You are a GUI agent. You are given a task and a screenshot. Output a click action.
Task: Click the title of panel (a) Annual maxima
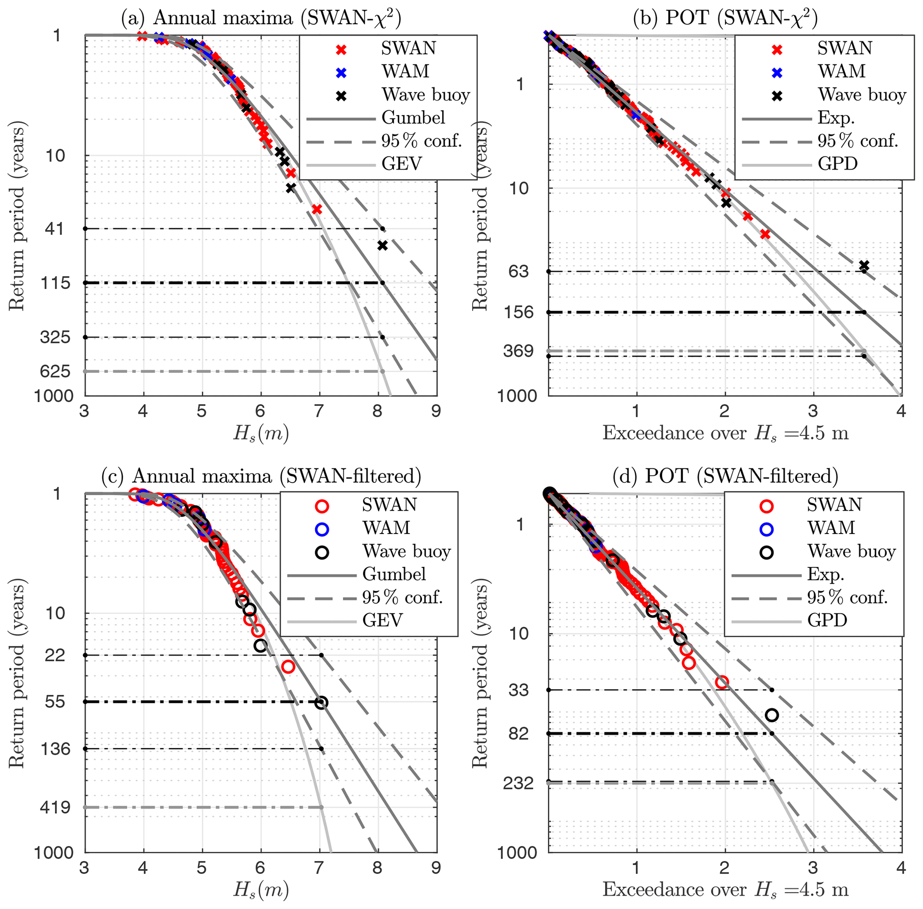click(x=261, y=18)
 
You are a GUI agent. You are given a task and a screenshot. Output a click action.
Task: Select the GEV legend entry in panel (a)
click(x=401, y=164)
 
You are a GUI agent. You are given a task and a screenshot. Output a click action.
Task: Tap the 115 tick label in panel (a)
click(x=55, y=283)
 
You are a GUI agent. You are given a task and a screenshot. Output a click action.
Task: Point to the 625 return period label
click(x=55, y=371)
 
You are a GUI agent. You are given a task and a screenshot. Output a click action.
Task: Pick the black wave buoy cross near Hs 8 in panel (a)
click(x=382, y=246)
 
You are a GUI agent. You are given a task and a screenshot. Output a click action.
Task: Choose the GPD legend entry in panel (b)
click(x=838, y=164)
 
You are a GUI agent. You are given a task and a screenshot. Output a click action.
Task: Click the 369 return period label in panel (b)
click(x=518, y=351)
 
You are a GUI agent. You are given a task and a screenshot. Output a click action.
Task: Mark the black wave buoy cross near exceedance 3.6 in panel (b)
click(x=864, y=266)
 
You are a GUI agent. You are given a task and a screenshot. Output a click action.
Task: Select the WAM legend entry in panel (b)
click(x=841, y=71)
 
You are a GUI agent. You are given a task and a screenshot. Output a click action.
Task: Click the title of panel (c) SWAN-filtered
click(x=261, y=476)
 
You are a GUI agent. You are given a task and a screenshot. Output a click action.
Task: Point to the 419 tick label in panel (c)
click(x=55, y=807)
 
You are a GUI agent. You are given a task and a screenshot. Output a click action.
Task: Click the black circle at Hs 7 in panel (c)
click(x=322, y=702)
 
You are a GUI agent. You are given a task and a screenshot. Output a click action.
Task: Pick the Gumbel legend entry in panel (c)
click(x=394, y=574)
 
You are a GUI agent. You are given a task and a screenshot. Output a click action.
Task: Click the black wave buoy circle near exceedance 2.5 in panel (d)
click(x=772, y=715)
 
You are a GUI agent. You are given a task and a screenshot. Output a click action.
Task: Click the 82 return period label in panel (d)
click(x=518, y=733)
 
